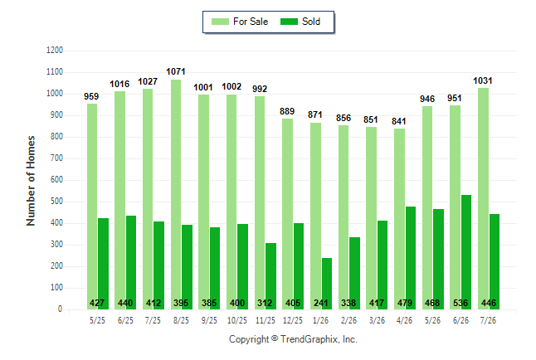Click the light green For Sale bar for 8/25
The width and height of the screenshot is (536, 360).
pos(176,195)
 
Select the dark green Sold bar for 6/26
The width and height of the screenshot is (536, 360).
pos(466,252)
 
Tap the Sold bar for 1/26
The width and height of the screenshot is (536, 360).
pos(327,284)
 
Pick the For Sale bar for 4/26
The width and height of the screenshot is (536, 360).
pos(400,219)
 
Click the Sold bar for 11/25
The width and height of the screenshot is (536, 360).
pos(270,276)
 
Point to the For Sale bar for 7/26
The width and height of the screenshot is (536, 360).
pos(484,198)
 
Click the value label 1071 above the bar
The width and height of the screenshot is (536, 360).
pos(176,72)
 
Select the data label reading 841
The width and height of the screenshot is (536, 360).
pos(399,121)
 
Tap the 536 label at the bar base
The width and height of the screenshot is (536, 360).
pos(460,303)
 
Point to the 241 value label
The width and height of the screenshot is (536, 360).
pos(321,303)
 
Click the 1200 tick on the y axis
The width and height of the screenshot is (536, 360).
pos(55,51)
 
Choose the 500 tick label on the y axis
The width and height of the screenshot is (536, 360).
pos(56,202)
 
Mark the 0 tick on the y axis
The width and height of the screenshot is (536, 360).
pos(61,309)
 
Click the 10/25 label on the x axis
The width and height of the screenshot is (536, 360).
pos(237,320)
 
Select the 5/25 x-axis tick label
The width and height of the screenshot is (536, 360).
pos(97,320)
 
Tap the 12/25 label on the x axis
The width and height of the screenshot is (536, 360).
pos(293,320)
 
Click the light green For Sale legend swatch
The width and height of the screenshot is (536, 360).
pos(220,22)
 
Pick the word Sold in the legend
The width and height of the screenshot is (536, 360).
pos(311,22)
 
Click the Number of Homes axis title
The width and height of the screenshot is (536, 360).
pos(31,181)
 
